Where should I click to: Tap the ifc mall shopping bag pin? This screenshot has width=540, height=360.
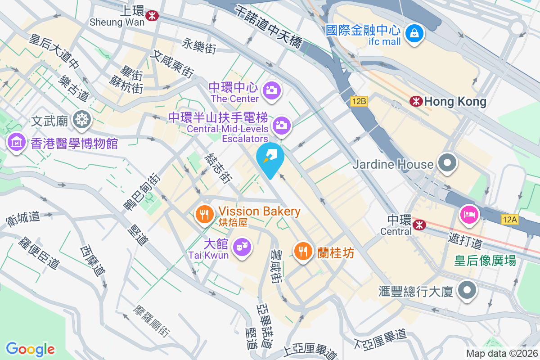(x=413, y=33)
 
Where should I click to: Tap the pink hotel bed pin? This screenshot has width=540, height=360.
(x=468, y=214)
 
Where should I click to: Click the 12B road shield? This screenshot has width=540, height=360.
(x=359, y=101)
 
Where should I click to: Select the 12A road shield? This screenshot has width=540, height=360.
(x=509, y=219)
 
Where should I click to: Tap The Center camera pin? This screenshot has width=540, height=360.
(x=271, y=90)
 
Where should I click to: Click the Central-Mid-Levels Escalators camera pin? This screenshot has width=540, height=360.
(x=282, y=125)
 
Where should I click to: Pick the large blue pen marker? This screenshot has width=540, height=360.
(x=270, y=158)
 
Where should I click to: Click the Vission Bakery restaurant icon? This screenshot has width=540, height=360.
(x=205, y=213)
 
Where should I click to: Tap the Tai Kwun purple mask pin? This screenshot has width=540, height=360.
(x=242, y=247)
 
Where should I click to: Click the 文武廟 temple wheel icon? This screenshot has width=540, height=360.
(x=82, y=119)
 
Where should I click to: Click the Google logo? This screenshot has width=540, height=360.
(x=30, y=349)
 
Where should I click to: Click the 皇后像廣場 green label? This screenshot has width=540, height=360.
(x=485, y=261)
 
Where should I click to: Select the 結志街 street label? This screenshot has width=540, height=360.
(x=218, y=168)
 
